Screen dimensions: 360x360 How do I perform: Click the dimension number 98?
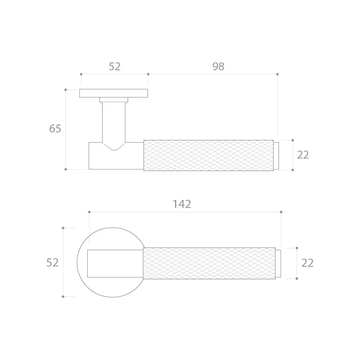tap(218, 66)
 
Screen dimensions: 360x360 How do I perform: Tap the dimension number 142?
tap(182, 204)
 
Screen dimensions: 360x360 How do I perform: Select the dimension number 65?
tap(55, 129)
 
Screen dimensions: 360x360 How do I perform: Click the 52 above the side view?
tap(115, 66)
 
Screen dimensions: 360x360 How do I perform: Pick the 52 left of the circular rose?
tap(53, 262)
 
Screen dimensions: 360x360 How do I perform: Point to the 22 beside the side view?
tap(303, 155)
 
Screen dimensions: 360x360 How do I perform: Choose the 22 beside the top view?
tap(307, 263)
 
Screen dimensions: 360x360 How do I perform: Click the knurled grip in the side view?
tap(208, 155)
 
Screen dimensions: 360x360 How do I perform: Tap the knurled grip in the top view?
tap(209, 263)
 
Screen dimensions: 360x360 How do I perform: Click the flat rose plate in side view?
tap(114, 93)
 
